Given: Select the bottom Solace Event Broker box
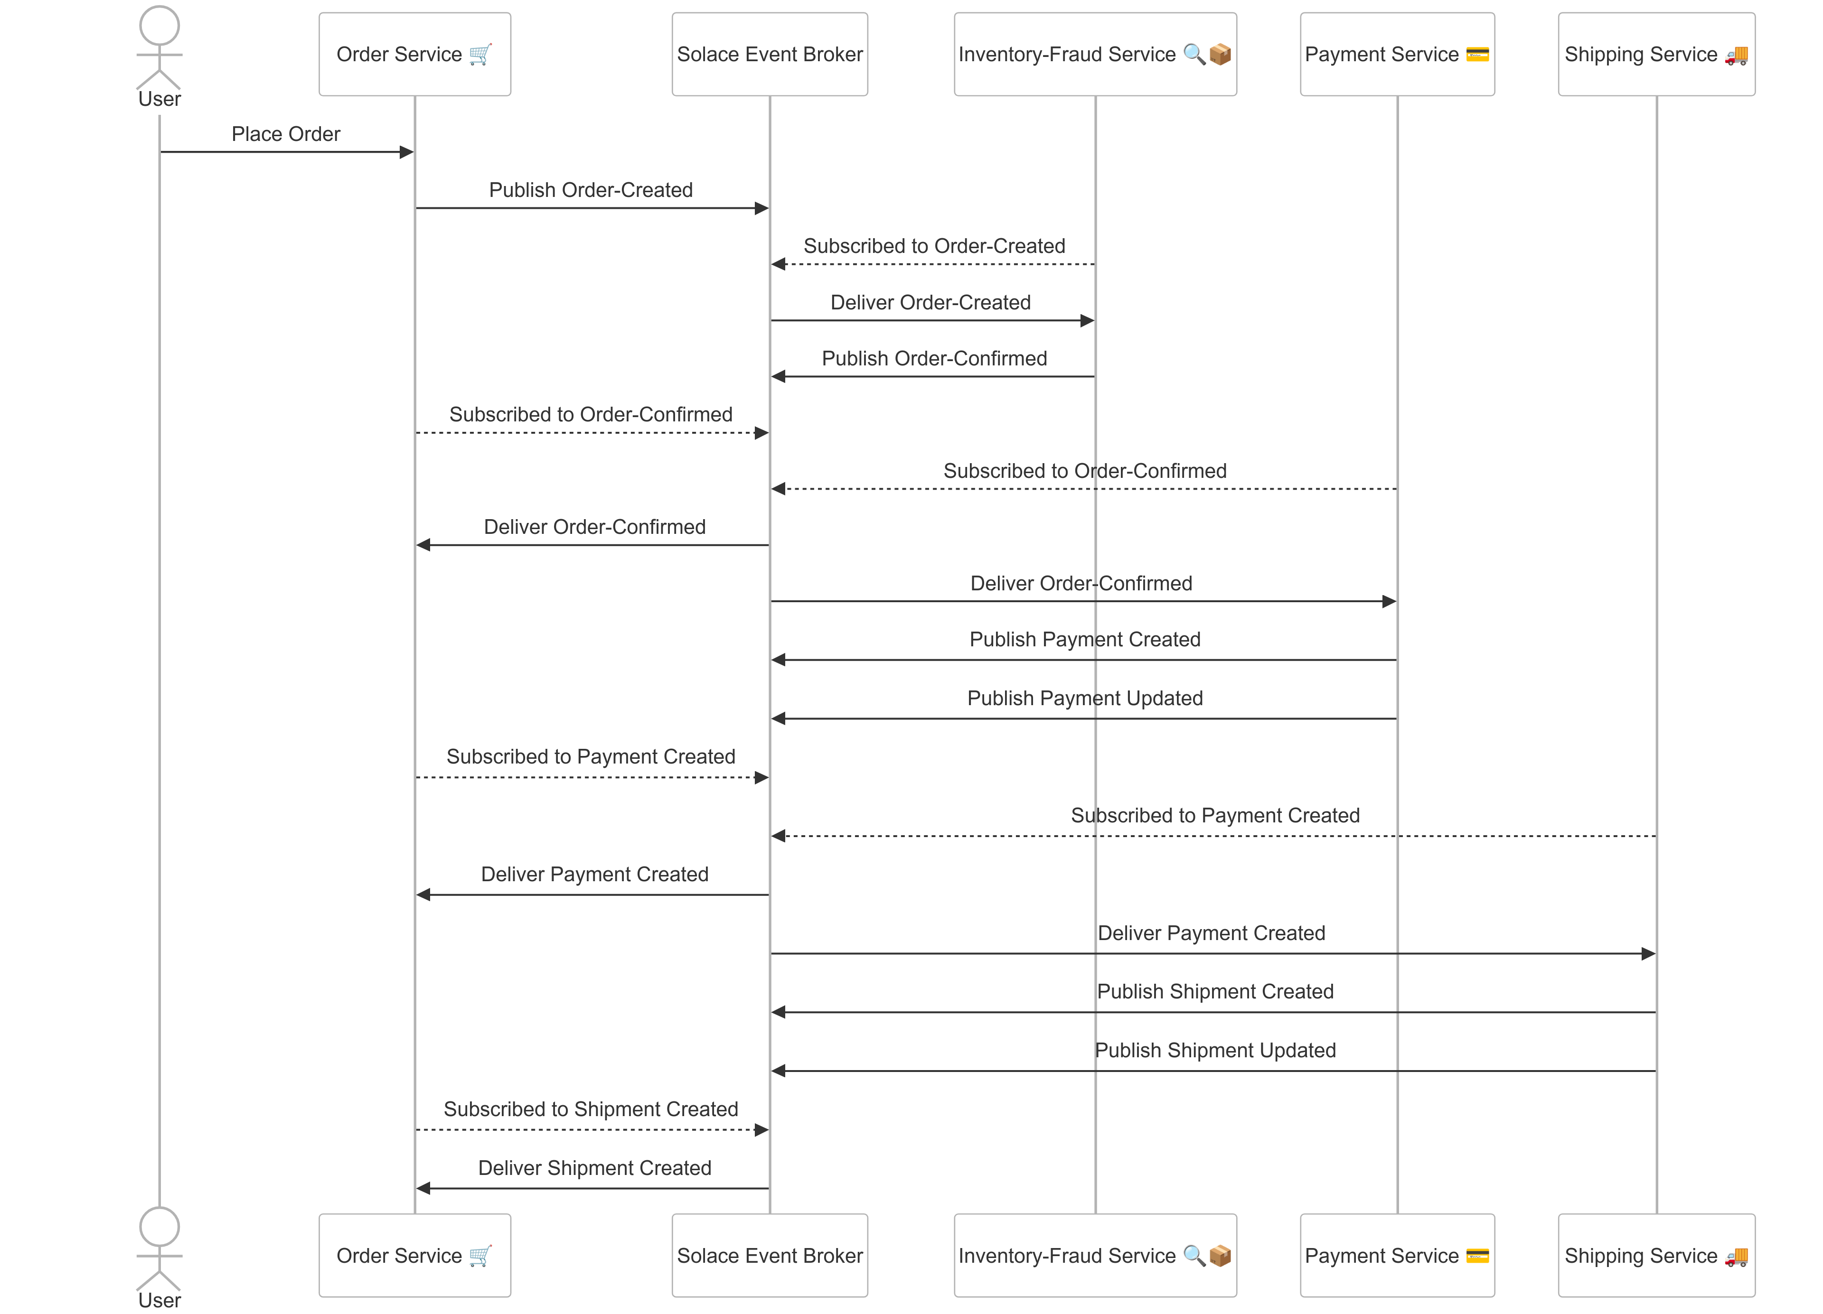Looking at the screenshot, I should [769, 1255].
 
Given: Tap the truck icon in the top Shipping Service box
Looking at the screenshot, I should [1736, 55].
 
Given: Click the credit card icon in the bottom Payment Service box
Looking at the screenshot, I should [1477, 1255].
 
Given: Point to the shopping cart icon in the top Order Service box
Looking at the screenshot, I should [480, 55].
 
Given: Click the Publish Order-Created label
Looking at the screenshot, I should [591, 190].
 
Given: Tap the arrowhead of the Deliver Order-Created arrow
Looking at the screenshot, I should [1087, 321].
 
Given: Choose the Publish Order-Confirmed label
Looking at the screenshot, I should [934, 358].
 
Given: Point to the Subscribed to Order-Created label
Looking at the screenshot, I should [934, 246].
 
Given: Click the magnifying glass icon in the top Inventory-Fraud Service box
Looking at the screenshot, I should [1193, 55].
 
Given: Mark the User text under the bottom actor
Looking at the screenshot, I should [159, 1300].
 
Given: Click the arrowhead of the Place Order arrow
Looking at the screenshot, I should [407, 152].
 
